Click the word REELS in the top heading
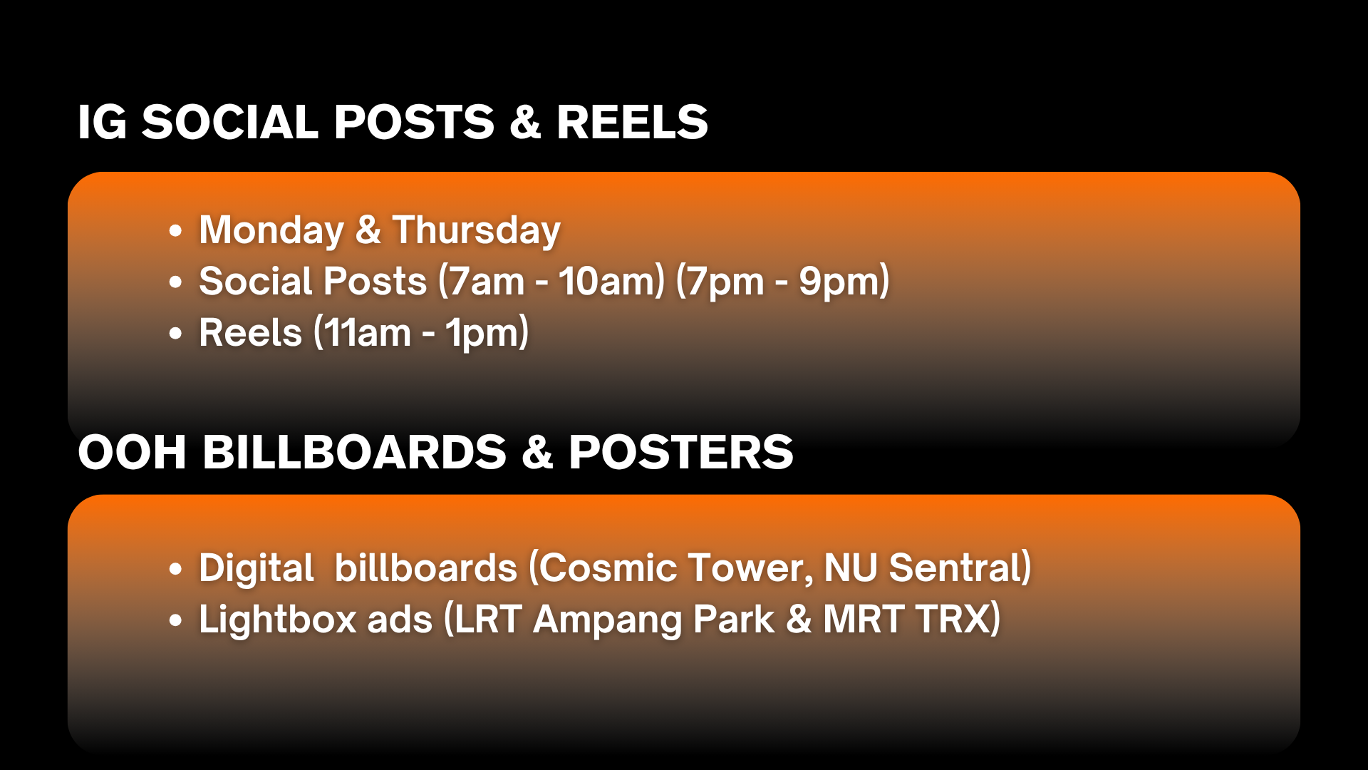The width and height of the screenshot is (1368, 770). [632, 122]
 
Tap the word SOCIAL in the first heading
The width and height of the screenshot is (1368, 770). [230, 122]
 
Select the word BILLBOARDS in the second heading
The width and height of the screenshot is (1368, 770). [354, 452]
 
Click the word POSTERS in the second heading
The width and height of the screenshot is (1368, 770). [680, 452]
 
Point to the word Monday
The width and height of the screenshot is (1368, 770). [271, 231]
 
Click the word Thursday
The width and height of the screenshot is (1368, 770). [477, 231]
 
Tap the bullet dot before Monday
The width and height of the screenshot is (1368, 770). [175, 231]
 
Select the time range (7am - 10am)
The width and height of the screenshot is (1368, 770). [551, 281]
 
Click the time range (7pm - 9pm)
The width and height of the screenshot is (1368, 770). [782, 281]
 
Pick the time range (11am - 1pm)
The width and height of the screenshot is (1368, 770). [421, 333]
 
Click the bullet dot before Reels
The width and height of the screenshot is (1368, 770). [175, 333]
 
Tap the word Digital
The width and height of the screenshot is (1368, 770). [256, 569]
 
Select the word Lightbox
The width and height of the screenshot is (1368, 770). [277, 620]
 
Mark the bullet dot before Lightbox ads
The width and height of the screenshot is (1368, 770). [175, 620]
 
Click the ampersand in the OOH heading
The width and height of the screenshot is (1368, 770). [537, 452]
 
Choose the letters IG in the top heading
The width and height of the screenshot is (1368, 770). [103, 122]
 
